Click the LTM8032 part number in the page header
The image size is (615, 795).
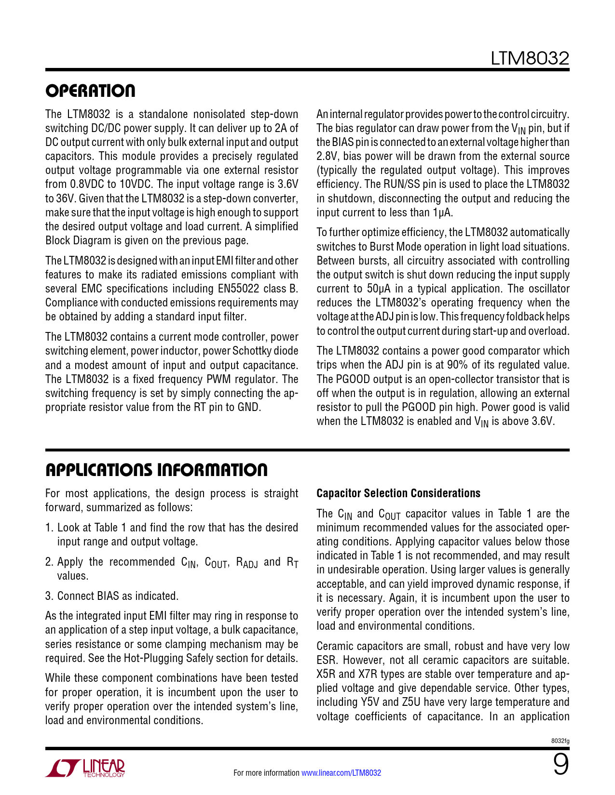pos(530,58)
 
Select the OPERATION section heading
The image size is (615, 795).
pos(90,91)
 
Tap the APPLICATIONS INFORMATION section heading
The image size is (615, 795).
pos(156,470)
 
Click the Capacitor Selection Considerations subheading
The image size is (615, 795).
pos(398,493)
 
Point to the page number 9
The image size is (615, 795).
pos(560,765)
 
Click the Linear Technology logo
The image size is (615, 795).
pos(85,768)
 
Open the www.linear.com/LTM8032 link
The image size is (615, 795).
pos(341,773)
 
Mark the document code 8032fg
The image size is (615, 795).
pos(560,741)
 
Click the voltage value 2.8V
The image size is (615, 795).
pos(327,156)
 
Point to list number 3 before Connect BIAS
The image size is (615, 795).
pos(48,596)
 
